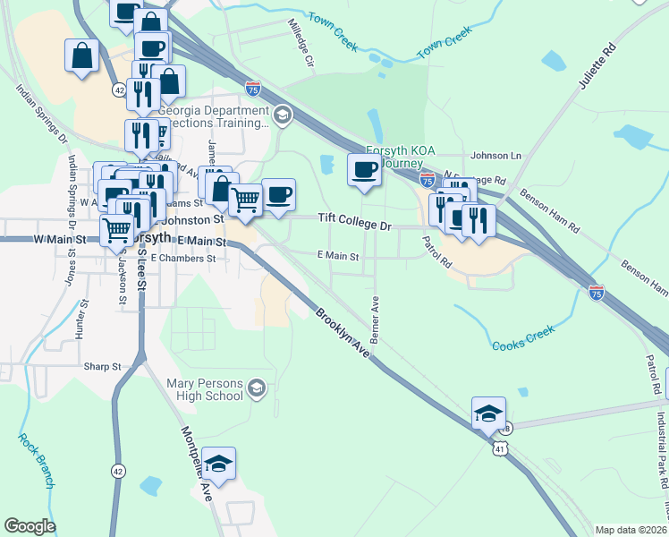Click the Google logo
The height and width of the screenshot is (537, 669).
[x=30, y=526]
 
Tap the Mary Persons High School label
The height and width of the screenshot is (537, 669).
[x=192, y=389]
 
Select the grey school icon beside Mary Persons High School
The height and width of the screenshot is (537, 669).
[x=257, y=388]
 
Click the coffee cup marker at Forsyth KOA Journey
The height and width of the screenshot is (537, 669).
[x=364, y=170]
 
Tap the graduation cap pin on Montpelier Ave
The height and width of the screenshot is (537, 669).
[x=218, y=464]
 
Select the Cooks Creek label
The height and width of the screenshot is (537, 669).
[x=523, y=337]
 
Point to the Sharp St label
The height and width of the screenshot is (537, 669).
[x=104, y=367]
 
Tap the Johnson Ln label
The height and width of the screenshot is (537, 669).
[x=495, y=156]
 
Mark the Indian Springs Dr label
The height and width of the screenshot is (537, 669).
[x=39, y=114]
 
